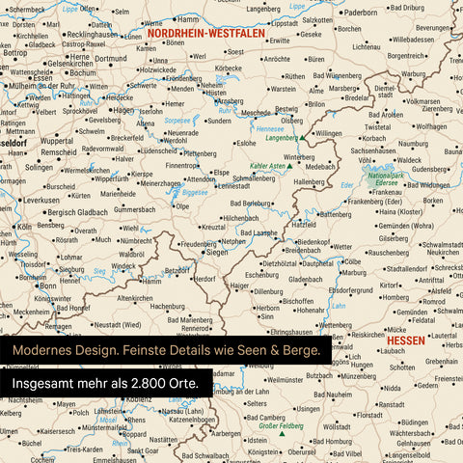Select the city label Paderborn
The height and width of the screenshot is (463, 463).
click(x=362, y=13)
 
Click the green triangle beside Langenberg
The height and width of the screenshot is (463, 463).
click(x=302, y=138)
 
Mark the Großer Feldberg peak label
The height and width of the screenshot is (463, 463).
click(x=260, y=425)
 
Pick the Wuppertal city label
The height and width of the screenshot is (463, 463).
click(x=57, y=140)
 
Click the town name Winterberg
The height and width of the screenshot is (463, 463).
click(x=300, y=155)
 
